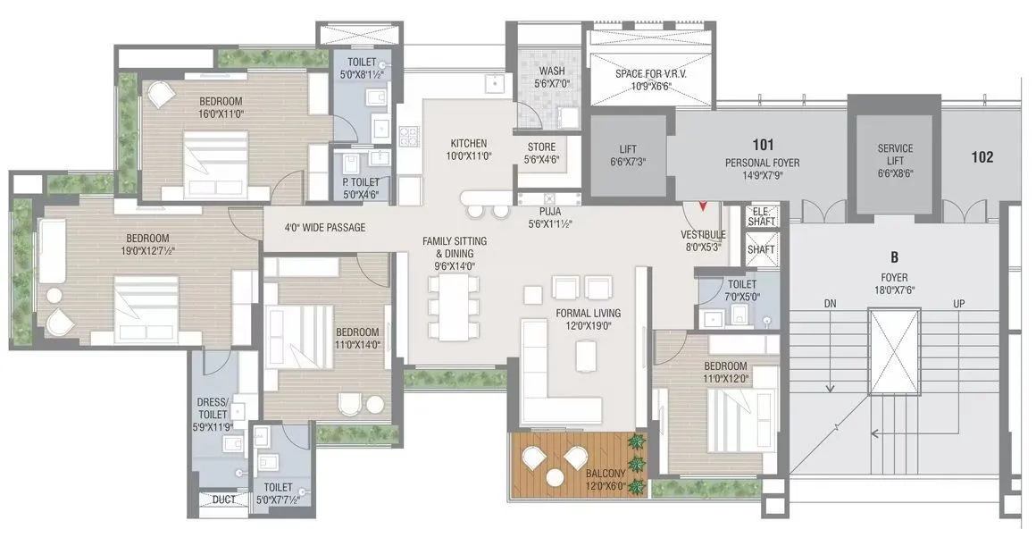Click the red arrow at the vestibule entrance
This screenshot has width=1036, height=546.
coord(704,206)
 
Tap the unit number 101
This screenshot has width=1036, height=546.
coord(762,144)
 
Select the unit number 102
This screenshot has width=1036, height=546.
coord(982,156)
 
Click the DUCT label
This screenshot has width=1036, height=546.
coord(224,500)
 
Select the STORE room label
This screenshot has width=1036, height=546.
coord(541,147)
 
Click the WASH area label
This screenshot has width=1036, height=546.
coord(551,71)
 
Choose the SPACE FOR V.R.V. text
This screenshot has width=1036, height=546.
coord(650,72)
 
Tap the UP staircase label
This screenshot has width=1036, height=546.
coord(958,304)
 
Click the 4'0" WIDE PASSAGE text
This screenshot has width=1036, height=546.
coord(325,228)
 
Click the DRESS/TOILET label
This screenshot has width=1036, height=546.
coord(213,408)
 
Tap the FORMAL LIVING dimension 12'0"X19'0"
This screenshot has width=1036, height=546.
coord(588,327)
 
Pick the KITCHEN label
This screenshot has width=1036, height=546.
coord(469,143)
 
